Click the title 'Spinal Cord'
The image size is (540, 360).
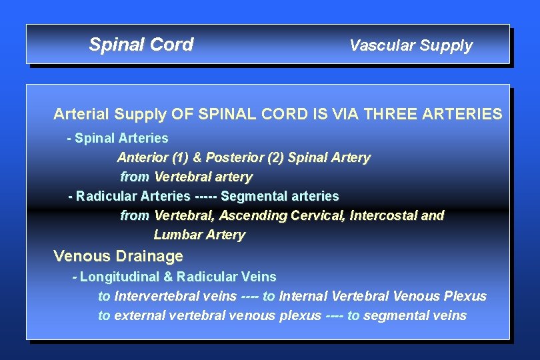[x=141, y=45]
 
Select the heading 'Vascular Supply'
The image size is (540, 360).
[x=411, y=45]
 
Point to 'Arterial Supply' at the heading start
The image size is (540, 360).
[x=109, y=114]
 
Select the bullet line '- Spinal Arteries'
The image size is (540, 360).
[x=118, y=138]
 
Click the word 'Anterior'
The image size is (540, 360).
[x=142, y=158]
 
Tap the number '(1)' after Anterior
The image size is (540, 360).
[x=180, y=158]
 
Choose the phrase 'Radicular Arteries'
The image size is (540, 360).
[x=133, y=197]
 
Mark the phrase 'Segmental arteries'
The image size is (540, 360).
[x=279, y=197]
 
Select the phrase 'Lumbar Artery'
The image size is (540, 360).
[x=199, y=235]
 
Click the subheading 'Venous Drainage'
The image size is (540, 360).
[x=118, y=256]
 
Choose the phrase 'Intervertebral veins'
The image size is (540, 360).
[x=173, y=296]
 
